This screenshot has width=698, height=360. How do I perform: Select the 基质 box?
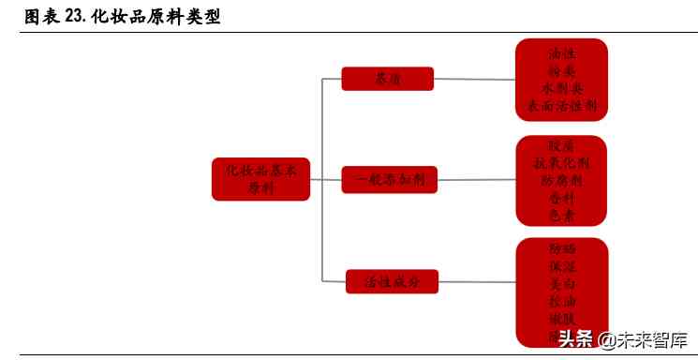pos(387,79)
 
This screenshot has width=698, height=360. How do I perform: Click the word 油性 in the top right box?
pos(561,53)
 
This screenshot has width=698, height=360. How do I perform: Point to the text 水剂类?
pos(561,88)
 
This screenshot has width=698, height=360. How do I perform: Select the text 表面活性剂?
pos(561,105)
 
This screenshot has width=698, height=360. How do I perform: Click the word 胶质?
pos(561,146)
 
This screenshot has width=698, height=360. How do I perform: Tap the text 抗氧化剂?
pos(561,163)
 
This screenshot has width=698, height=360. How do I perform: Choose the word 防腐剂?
pos(561,180)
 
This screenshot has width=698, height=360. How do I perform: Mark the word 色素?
pos(561,215)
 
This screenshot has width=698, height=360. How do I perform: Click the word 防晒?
pos(561,249)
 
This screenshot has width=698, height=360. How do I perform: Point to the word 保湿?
pos(561,266)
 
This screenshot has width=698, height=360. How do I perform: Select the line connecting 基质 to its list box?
pos(474,79)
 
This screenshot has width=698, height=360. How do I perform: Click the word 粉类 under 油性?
pos(561,70)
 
